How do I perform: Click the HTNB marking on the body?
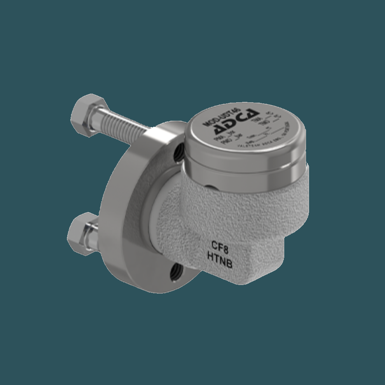220,259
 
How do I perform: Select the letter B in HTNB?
229,264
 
